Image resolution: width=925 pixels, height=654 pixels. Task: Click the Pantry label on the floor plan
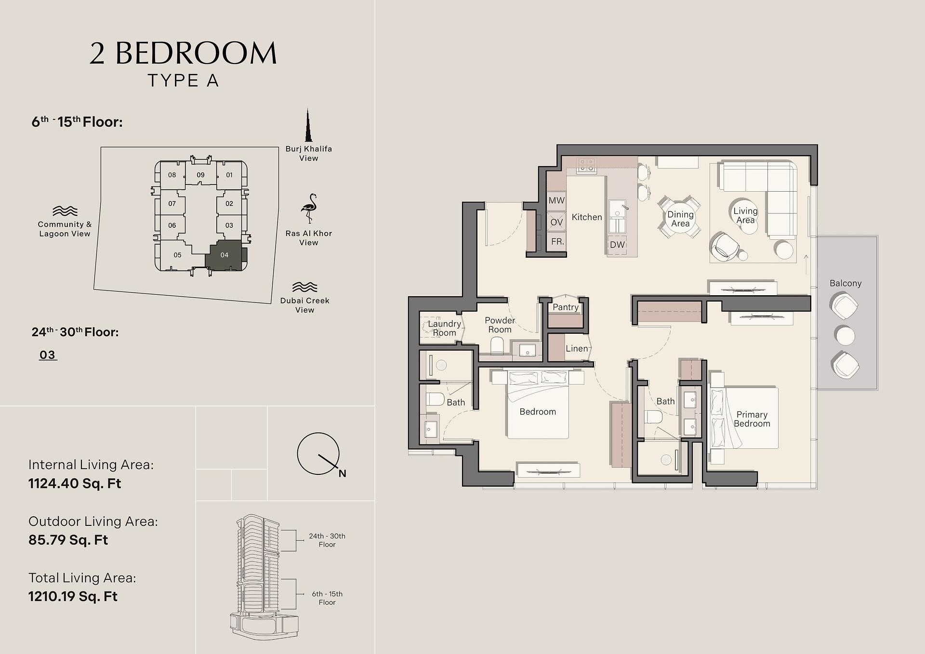pyautogui.click(x=566, y=307)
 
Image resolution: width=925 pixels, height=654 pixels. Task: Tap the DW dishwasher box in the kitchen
pyautogui.click(x=617, y=244)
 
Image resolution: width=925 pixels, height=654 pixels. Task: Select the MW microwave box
pyautogui.click(x=556, y=200)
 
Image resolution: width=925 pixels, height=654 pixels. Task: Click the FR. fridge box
pyautogui.click(x=557, y=241)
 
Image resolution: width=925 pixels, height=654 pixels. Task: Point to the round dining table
pyautogui.click(x=680, y=218)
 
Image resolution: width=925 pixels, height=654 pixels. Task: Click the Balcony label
pyautogui.click(x=846, y=283)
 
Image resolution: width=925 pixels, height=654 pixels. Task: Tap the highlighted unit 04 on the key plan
pyautogui.click(x=225, y=255)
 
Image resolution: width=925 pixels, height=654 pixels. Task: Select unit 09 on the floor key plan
pyautogui.click(x=200, y=175)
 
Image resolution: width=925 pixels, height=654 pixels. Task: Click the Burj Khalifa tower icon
pyautogui.click(x=307, y=125)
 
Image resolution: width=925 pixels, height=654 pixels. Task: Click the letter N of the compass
pyautogui.click(x=342, y=473)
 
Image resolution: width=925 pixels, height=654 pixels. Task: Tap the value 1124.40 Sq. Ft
pyautogui.click(x=75, y=483)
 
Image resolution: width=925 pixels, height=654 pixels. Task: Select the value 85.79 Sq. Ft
pyautogui.click(x=68, y=540)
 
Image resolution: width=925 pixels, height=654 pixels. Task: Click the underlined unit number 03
pyautogui.click(x=47, y=355)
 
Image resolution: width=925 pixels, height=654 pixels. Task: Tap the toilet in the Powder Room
pyautogui.click(x=497, y=346)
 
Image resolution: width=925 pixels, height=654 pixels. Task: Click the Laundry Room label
pyautogui.click(x=444, y=328)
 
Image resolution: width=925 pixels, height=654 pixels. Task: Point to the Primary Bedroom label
pyautogui.click(x=752, y=419)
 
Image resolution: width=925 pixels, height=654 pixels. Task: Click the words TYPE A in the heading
pyautogui.click(x=183, y=80)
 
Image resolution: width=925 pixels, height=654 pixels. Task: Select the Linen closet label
pyautogui.click(x=577, y=348)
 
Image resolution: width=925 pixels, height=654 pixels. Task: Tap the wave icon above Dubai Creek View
pyautogui.click(x=305, y=287)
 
